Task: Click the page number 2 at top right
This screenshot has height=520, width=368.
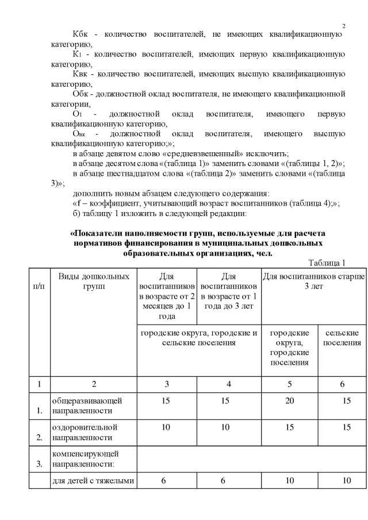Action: [343, 26]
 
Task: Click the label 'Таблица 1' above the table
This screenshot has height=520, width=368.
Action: [327, 263]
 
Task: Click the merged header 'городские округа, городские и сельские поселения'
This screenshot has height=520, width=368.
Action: [200, 338]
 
